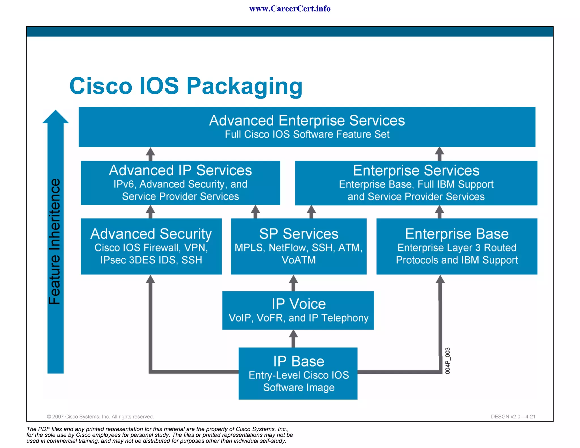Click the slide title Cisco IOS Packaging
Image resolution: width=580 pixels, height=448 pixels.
tap(186, 86)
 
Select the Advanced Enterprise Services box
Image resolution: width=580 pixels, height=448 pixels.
tap(307, 127)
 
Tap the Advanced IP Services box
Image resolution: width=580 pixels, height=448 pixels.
tap(180, 183)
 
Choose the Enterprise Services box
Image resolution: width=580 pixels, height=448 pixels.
tap(416, 183)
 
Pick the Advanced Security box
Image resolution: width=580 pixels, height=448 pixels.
tap(151, 246)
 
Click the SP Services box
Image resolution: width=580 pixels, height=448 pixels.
tap(299, 246)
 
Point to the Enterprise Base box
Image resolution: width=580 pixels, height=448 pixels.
tap(457, 246)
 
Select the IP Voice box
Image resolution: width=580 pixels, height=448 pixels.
tap(298, 310)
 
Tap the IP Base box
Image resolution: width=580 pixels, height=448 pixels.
tap(298, 373)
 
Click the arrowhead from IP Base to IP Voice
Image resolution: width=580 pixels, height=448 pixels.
tap(293, 334)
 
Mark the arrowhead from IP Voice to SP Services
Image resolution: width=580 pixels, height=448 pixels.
tap(293, 280)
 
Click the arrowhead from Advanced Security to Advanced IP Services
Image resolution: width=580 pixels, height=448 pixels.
tap(150, 209)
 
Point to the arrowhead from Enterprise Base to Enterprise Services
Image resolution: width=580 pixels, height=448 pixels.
tap(439, 209)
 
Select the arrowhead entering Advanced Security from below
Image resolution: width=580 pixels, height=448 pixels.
tap(150, 280)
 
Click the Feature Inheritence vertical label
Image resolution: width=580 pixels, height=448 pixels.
tap(55, 242)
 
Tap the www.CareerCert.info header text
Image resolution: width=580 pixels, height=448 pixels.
tap(290, 9)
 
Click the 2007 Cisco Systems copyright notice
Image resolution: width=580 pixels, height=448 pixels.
tap(100, 417)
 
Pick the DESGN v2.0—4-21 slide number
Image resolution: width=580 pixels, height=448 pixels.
tap(513, 417)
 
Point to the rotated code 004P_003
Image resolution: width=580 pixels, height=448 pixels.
tap(447, 361)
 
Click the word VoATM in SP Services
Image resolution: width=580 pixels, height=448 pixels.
tap(299, 260)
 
